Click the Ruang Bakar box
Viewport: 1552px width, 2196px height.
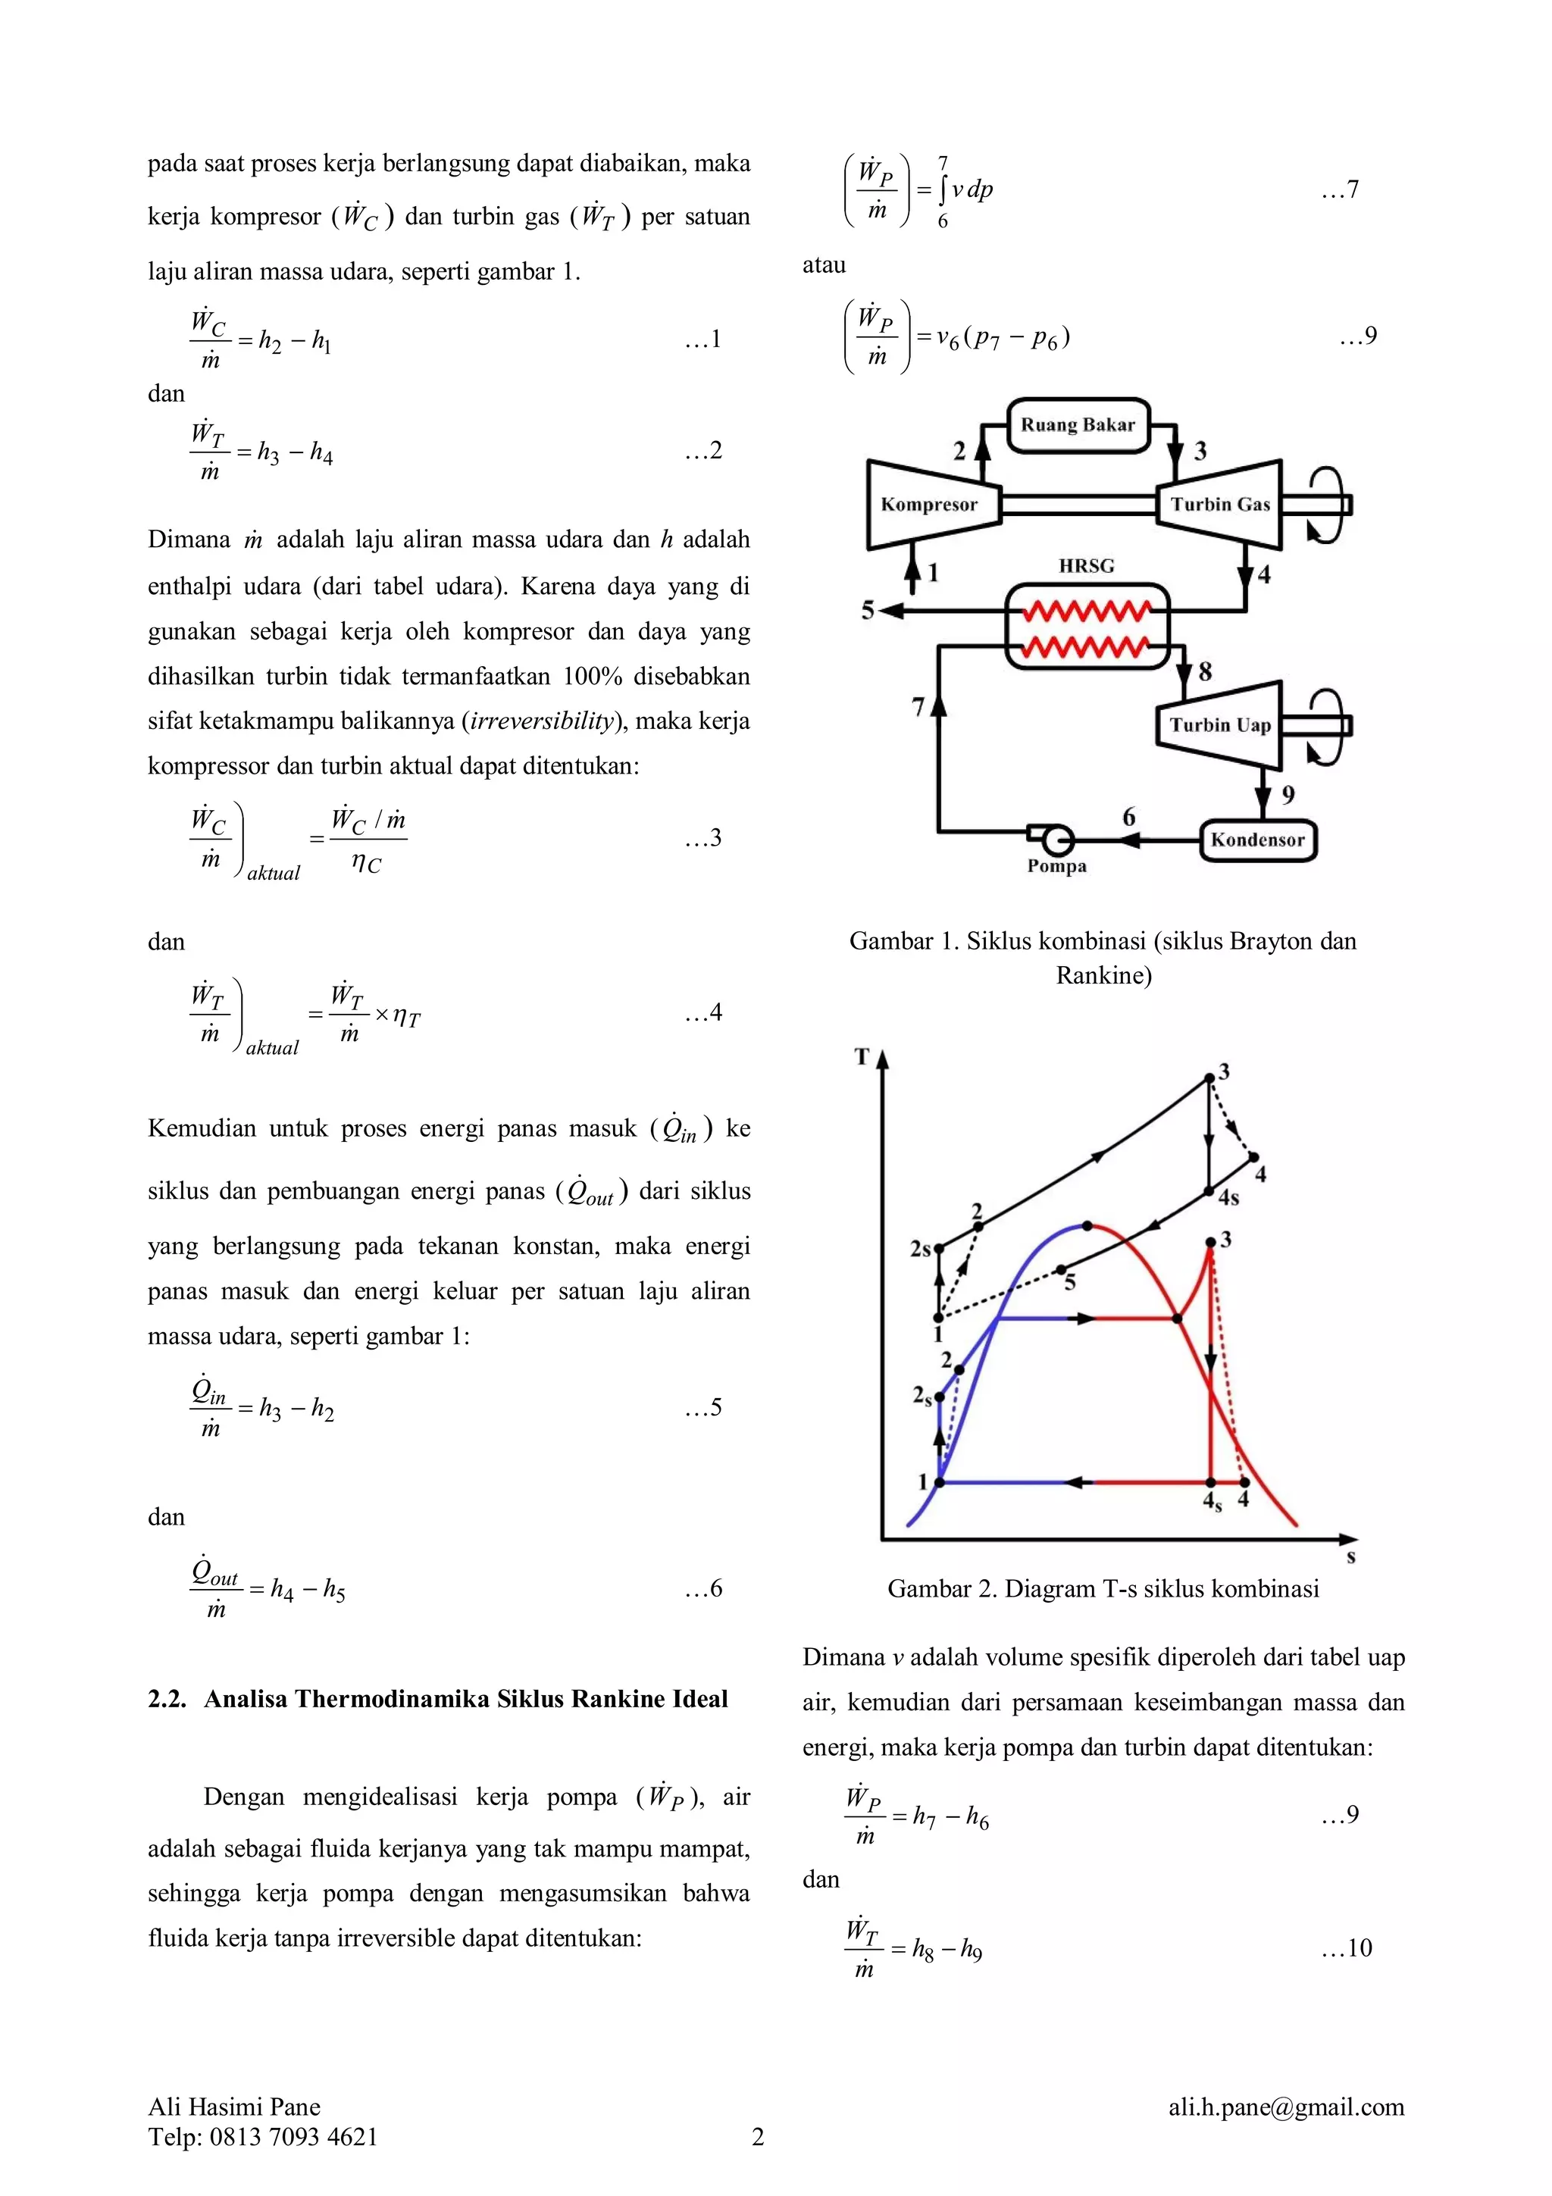1078,424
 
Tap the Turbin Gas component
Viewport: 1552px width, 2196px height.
1219,504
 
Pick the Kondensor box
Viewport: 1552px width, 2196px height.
1256,840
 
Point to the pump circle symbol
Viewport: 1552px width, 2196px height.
1058,840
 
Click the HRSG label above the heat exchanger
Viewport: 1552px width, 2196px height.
1085,565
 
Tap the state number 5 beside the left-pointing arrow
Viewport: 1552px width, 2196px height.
868,610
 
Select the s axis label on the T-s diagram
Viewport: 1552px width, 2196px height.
1350,1557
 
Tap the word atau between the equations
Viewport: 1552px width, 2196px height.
824,265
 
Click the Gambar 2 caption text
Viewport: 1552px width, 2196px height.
1103,1589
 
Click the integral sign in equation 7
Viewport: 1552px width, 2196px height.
943,190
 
